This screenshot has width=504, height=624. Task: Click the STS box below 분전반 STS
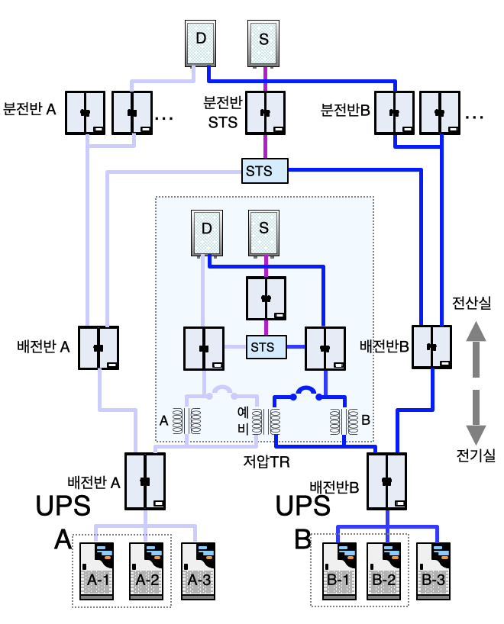point(265,171)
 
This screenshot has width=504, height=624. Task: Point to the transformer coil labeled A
point(186,420)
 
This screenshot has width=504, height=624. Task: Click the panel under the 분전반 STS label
point(265,113)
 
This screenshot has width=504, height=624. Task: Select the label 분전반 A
point(30,109)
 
